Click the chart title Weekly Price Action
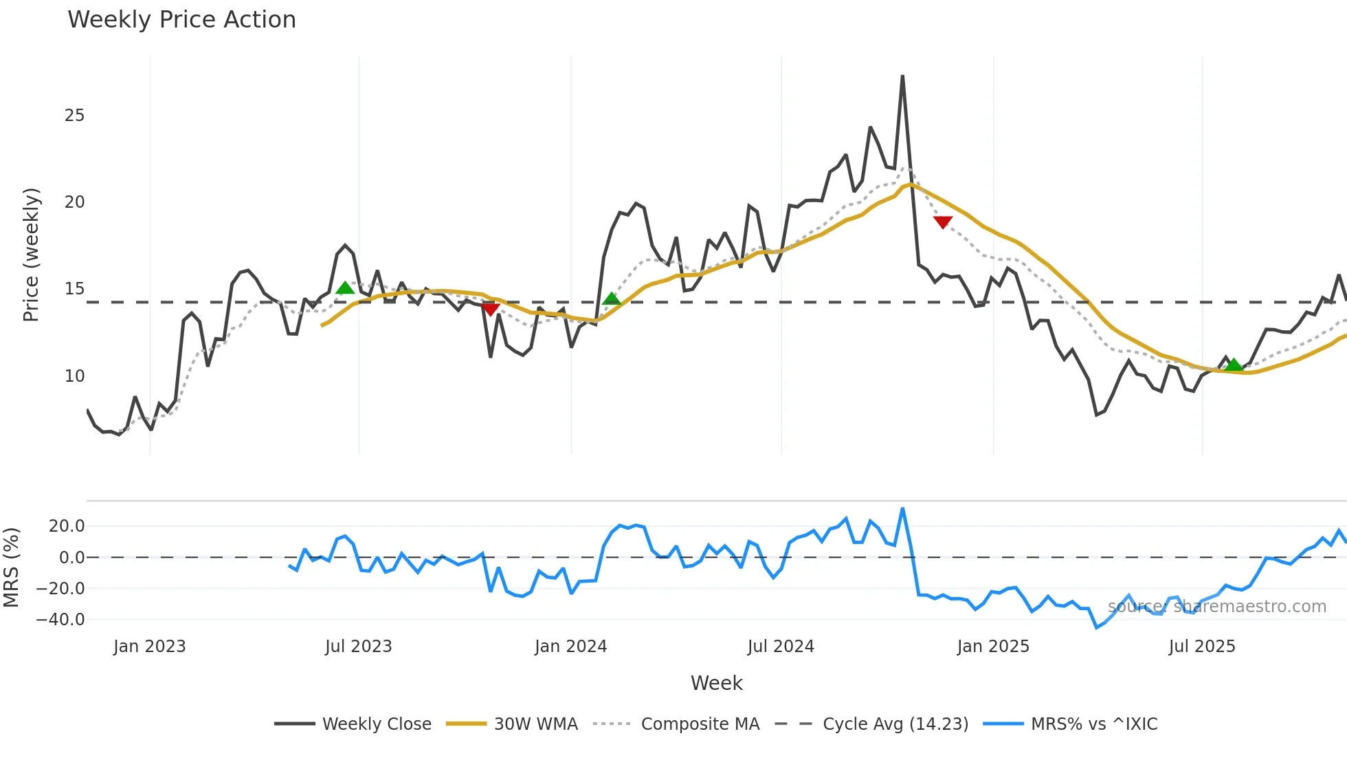point(181,20)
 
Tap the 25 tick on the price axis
point(74,116)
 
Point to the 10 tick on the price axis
point(74,376)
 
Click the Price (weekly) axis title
point(31,255)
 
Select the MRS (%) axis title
point(11,567)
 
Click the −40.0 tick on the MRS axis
point(60,620)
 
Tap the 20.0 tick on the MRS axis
point(67,526)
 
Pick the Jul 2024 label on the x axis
point(781,647)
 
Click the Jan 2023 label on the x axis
point(150,647)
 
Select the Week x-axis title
point(716,683)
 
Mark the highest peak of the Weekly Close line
point(902,76)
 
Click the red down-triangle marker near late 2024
point(943,222)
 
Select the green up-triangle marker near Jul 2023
point(345,288)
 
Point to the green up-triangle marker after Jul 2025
point(1234,365)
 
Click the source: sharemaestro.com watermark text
point(1216,607)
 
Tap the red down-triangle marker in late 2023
point(490,310)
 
